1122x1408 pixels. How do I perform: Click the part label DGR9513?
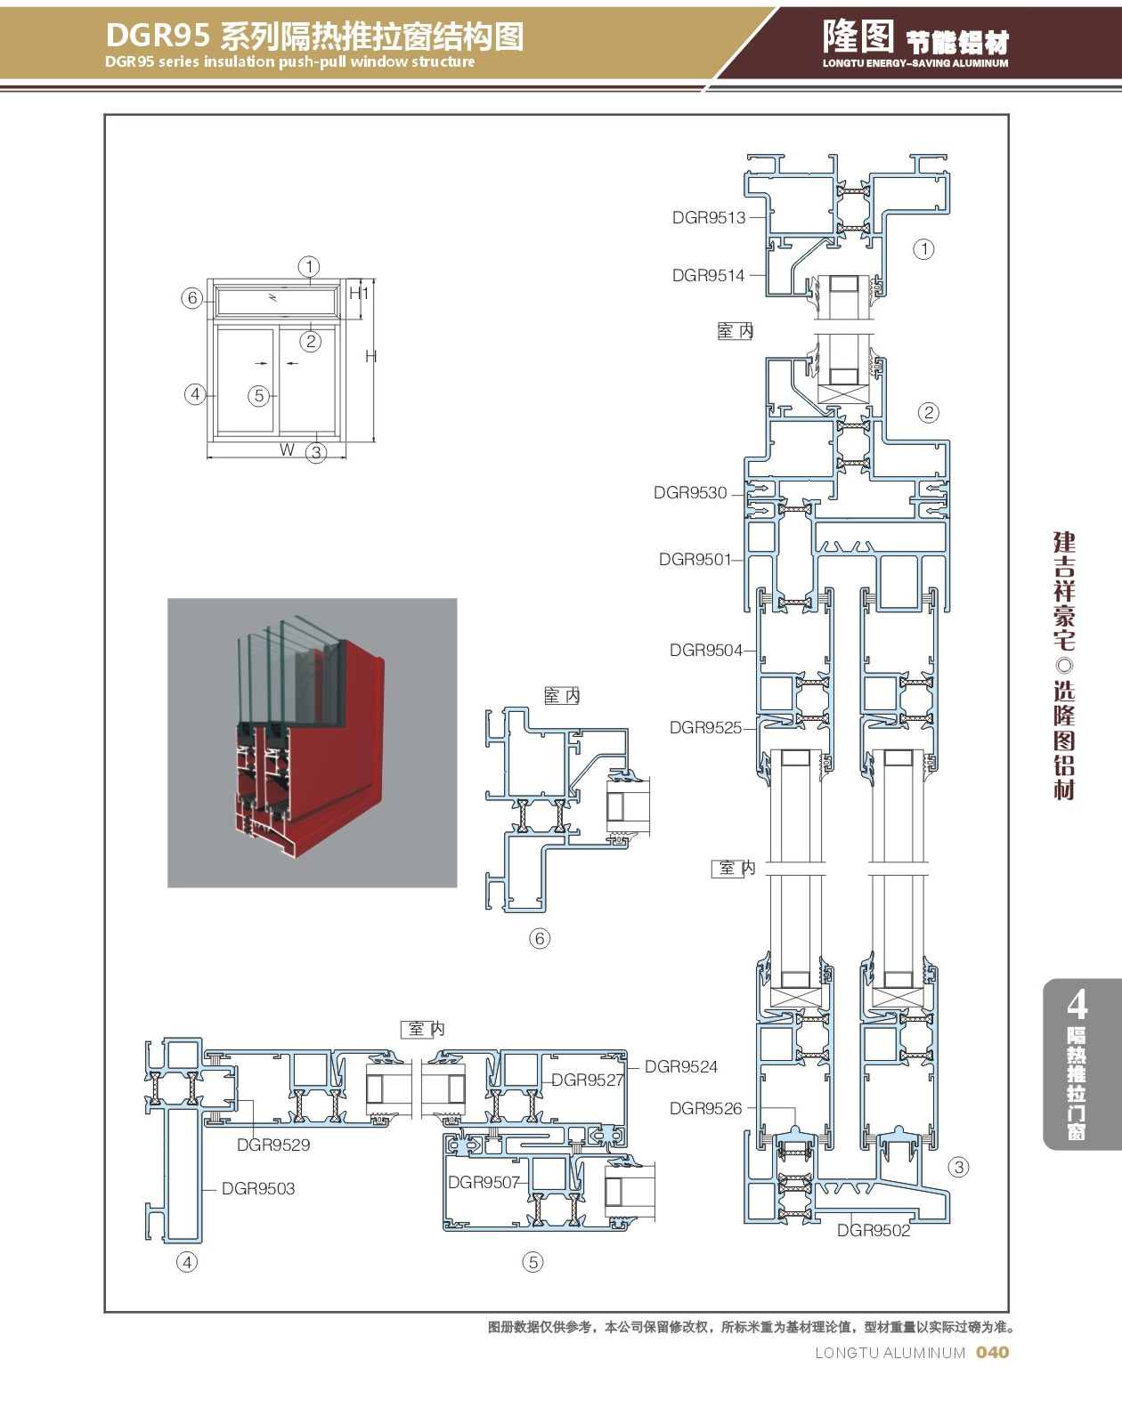click(x=708, y=217)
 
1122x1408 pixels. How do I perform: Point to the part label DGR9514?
click(x=708, y=276)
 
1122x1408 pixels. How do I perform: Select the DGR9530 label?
click(x=690, y=493)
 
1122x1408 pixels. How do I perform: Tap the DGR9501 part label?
click(x=695, y=560)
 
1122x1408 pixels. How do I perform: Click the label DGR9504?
click(x=705, y=651)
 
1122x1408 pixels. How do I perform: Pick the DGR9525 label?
click(x=705, y=728)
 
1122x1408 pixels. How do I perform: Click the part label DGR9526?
click(x=705, y=1109)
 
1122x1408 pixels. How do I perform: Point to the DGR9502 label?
click(x=873, y=1231)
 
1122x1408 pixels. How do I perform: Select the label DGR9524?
click(x=681, y=1067)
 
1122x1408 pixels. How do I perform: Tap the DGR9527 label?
click(x=587, y=1080)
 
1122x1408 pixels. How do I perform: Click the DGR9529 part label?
click(x=273, y=1145)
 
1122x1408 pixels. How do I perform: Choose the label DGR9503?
click(x=258, y=1189)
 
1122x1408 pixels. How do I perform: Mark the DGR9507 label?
click(x=484, y=1183)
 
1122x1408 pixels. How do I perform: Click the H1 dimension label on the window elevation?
click(x=358, y=293)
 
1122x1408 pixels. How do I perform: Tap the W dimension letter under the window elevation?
click(x=287, y=450)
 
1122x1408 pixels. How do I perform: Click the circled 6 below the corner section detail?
click(x=540, y=938)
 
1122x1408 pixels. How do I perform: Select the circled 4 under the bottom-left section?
click(x=187, y=1262)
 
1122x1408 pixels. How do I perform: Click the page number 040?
click(x=992, y=1353)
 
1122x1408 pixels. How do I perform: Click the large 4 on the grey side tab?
click(x=1077, y=1005)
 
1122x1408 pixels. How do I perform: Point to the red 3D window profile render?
click(x=312, y=743)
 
